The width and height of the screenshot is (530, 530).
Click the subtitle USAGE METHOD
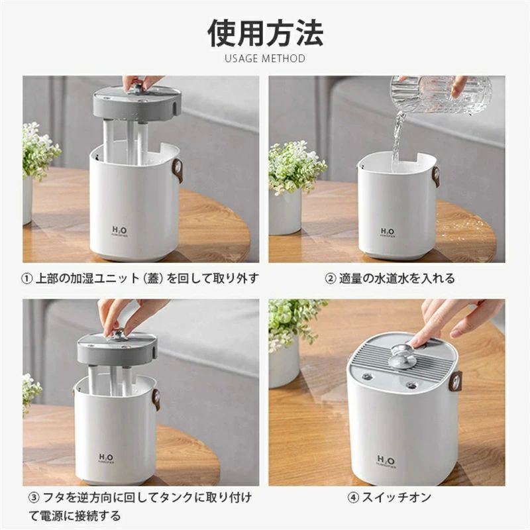(x=265, y=58)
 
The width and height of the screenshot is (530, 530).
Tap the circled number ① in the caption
(x=28, y=278)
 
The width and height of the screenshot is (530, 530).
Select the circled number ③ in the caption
(x=34, y=497)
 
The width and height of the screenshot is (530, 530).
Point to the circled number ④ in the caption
(x=354, y=497)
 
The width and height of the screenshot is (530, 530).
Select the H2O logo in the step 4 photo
(x=386, y=461)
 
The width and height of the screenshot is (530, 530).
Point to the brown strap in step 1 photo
(x=178, y=170)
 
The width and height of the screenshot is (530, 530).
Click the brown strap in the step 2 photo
(x=435, y=176)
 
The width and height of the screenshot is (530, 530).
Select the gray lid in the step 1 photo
(x=136, y=103)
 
